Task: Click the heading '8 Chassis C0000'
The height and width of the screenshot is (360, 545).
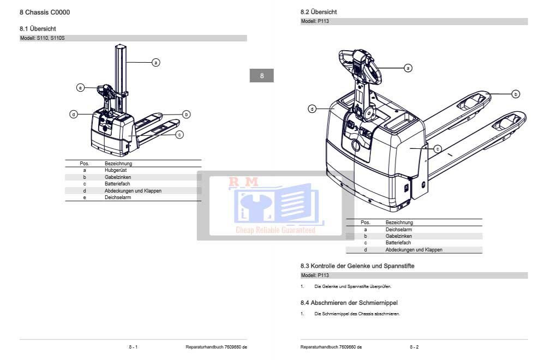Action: click(x=45, y=12)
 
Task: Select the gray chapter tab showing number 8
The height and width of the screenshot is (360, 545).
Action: click(x=262, y=76)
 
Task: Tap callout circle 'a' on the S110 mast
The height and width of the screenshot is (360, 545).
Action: click(x=155, y=63)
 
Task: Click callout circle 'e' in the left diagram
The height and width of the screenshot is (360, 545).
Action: click(x=80, y=87)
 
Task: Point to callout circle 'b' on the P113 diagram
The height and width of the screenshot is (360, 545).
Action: click(x=516, y=94)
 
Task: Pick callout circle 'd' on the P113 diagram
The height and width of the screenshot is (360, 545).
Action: click(x=312, y=109)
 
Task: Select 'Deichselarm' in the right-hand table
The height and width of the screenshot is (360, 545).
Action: click(x=398, y=230)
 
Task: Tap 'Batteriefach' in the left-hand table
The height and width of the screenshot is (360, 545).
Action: click(x=117, y=184)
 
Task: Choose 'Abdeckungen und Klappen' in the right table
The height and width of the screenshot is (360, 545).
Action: click(x=414, y=249)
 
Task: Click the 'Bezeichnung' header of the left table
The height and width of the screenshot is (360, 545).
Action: click(x=118, y=163)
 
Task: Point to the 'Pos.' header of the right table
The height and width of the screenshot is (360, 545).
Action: click(x=366, y=223)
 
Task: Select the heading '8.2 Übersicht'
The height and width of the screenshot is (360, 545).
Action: click(x=319, y=11)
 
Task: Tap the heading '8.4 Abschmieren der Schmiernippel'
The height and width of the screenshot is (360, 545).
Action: click(x=352, y=302)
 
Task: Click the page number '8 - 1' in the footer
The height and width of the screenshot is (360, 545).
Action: click(x=133, y=347)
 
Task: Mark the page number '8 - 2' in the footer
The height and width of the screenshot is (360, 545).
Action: click(x=414, y=347)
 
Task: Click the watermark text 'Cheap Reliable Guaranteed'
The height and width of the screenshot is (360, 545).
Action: click(x=276, y=230)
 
